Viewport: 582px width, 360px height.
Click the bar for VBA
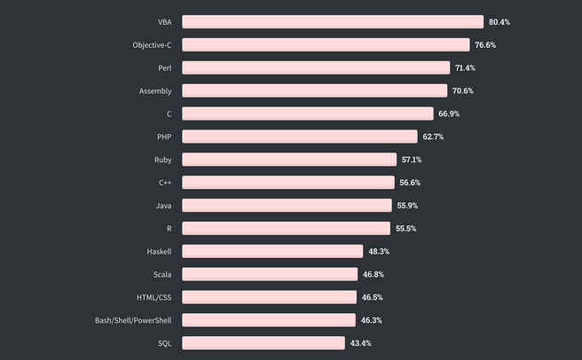click(x=333, y=21)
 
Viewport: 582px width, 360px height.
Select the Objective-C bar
click(x=326, y=44)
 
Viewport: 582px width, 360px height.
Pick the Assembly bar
click(x=314, y=90)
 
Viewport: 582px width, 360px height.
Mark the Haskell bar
click(x=272, y=251)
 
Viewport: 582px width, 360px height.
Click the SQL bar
click(x=263, y=342)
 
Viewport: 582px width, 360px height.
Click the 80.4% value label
click(x=499, y=21)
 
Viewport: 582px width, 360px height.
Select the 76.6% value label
click(x=485, y=44)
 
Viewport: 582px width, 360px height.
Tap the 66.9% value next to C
click(x=448, y=113)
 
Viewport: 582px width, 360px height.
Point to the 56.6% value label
click(x=410, y=183)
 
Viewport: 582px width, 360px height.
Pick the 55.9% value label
click(x=407, y=206)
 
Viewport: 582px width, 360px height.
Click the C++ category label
click(x=165, y=183)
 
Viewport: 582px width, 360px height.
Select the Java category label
click(x=163, y=206)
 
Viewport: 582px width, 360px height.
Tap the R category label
click(x=169, y=229)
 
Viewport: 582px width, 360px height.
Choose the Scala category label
click(x=162, y=274)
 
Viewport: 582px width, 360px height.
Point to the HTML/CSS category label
click(x=153, y=297)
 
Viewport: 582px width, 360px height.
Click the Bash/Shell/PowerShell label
click(x=133, y=320)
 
